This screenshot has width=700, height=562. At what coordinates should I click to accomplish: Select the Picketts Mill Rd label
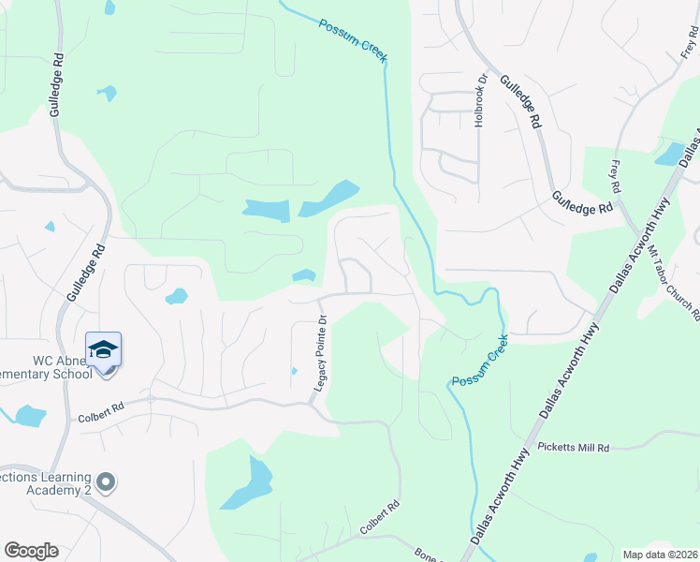(x=573, y=449)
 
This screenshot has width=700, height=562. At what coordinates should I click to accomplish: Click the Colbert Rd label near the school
(x=101, y=407)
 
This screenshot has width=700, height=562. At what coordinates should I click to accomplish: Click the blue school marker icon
(x=103, y=349)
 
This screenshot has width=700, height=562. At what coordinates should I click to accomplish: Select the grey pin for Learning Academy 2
(x=106, y=483)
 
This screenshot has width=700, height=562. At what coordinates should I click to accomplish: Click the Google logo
(x=31, y=551)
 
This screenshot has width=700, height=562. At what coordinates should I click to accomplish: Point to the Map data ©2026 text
(x=661, y=555)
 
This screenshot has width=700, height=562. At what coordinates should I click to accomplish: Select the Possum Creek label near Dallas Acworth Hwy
(x=478, y=361)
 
